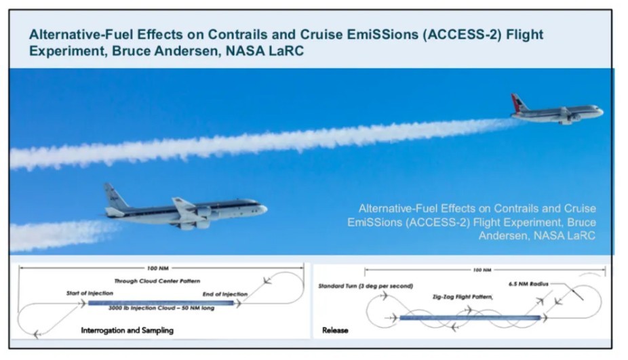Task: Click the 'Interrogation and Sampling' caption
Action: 127,330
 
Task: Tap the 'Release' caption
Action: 335,330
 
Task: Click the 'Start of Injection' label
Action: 90,293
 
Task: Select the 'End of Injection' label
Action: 225,294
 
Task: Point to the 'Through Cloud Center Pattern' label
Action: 157,281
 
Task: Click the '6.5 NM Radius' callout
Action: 528,284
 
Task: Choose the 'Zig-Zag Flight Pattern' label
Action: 463,297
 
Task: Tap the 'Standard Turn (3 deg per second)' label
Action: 366,286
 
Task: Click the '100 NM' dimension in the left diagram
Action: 158,268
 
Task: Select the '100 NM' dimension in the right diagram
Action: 482,270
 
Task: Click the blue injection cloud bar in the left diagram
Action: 161,303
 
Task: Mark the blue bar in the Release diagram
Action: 470,318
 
